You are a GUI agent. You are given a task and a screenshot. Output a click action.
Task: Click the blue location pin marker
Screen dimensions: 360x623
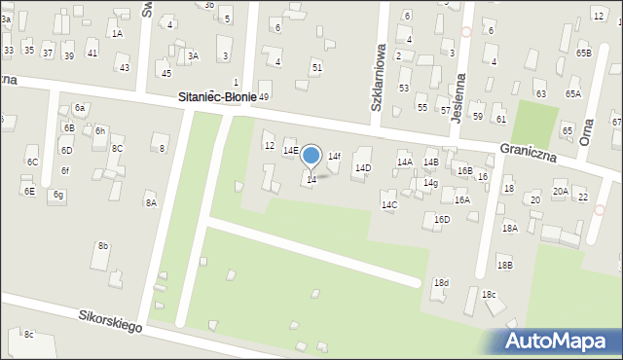pos(311,156)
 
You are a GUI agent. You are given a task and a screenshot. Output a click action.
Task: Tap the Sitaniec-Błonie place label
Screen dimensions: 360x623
pos(217,97)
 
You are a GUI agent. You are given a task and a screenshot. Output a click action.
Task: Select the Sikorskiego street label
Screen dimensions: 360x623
pos(110,322)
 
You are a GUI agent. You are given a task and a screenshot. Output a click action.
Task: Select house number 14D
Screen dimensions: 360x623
pos(362,168)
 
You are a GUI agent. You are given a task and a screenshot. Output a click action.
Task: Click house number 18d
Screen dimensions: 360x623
pos(441,283)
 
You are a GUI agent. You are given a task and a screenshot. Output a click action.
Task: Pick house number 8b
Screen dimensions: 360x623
pos(102,246)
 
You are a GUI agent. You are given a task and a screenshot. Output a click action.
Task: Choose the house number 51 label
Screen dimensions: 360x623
pos(316,67)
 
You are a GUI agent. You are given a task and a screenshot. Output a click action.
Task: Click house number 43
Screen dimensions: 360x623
pos(124,67)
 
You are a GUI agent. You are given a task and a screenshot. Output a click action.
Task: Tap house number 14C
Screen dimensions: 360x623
pos(389,205)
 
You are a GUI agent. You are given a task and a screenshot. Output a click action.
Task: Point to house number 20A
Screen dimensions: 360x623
pos(561,192)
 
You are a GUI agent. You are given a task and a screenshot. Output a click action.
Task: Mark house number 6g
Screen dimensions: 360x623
pos(58,195)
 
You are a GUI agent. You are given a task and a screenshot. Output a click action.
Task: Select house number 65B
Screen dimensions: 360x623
pos(583,53)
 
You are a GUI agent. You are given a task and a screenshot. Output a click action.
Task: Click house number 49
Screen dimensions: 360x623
pos(263,97)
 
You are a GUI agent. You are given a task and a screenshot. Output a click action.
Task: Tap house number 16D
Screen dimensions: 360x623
pos(442,220)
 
